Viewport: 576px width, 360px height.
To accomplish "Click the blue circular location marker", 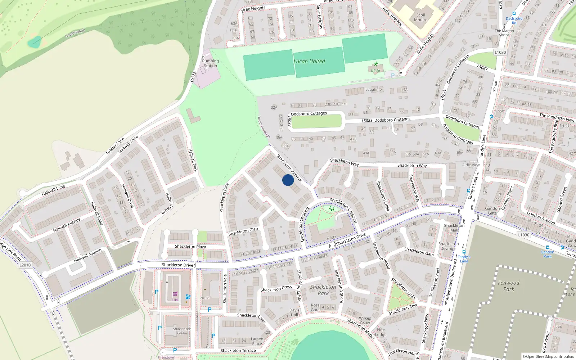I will point(288,180).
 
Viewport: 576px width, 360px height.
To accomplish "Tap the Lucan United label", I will point(309,61).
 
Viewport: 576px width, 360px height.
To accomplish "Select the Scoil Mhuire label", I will point(420,17).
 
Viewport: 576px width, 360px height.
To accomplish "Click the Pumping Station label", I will point(210,63).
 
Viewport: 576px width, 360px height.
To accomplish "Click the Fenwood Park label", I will point(508,286).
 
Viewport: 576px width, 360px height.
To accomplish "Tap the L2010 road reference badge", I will point(25,265).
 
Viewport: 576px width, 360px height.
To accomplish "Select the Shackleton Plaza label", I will point(190,247).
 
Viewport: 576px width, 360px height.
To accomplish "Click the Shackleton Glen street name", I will point(243,231).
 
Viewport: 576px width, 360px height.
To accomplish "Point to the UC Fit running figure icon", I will point(376,64).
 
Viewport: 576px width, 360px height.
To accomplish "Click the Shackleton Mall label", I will point(454,228).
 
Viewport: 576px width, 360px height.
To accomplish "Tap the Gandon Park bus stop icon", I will point(547,248).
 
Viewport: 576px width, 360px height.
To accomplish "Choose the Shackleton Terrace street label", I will point(238,350).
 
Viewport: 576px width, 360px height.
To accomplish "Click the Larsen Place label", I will point(257,341).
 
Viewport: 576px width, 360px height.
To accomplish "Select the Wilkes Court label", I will point(365,320).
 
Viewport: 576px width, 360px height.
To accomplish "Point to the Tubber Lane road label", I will point(115,146).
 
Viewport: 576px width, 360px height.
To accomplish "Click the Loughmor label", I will point(374,89).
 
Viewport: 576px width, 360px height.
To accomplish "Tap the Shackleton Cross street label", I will point(276,289).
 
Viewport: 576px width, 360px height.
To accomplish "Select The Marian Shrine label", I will point(504,33).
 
